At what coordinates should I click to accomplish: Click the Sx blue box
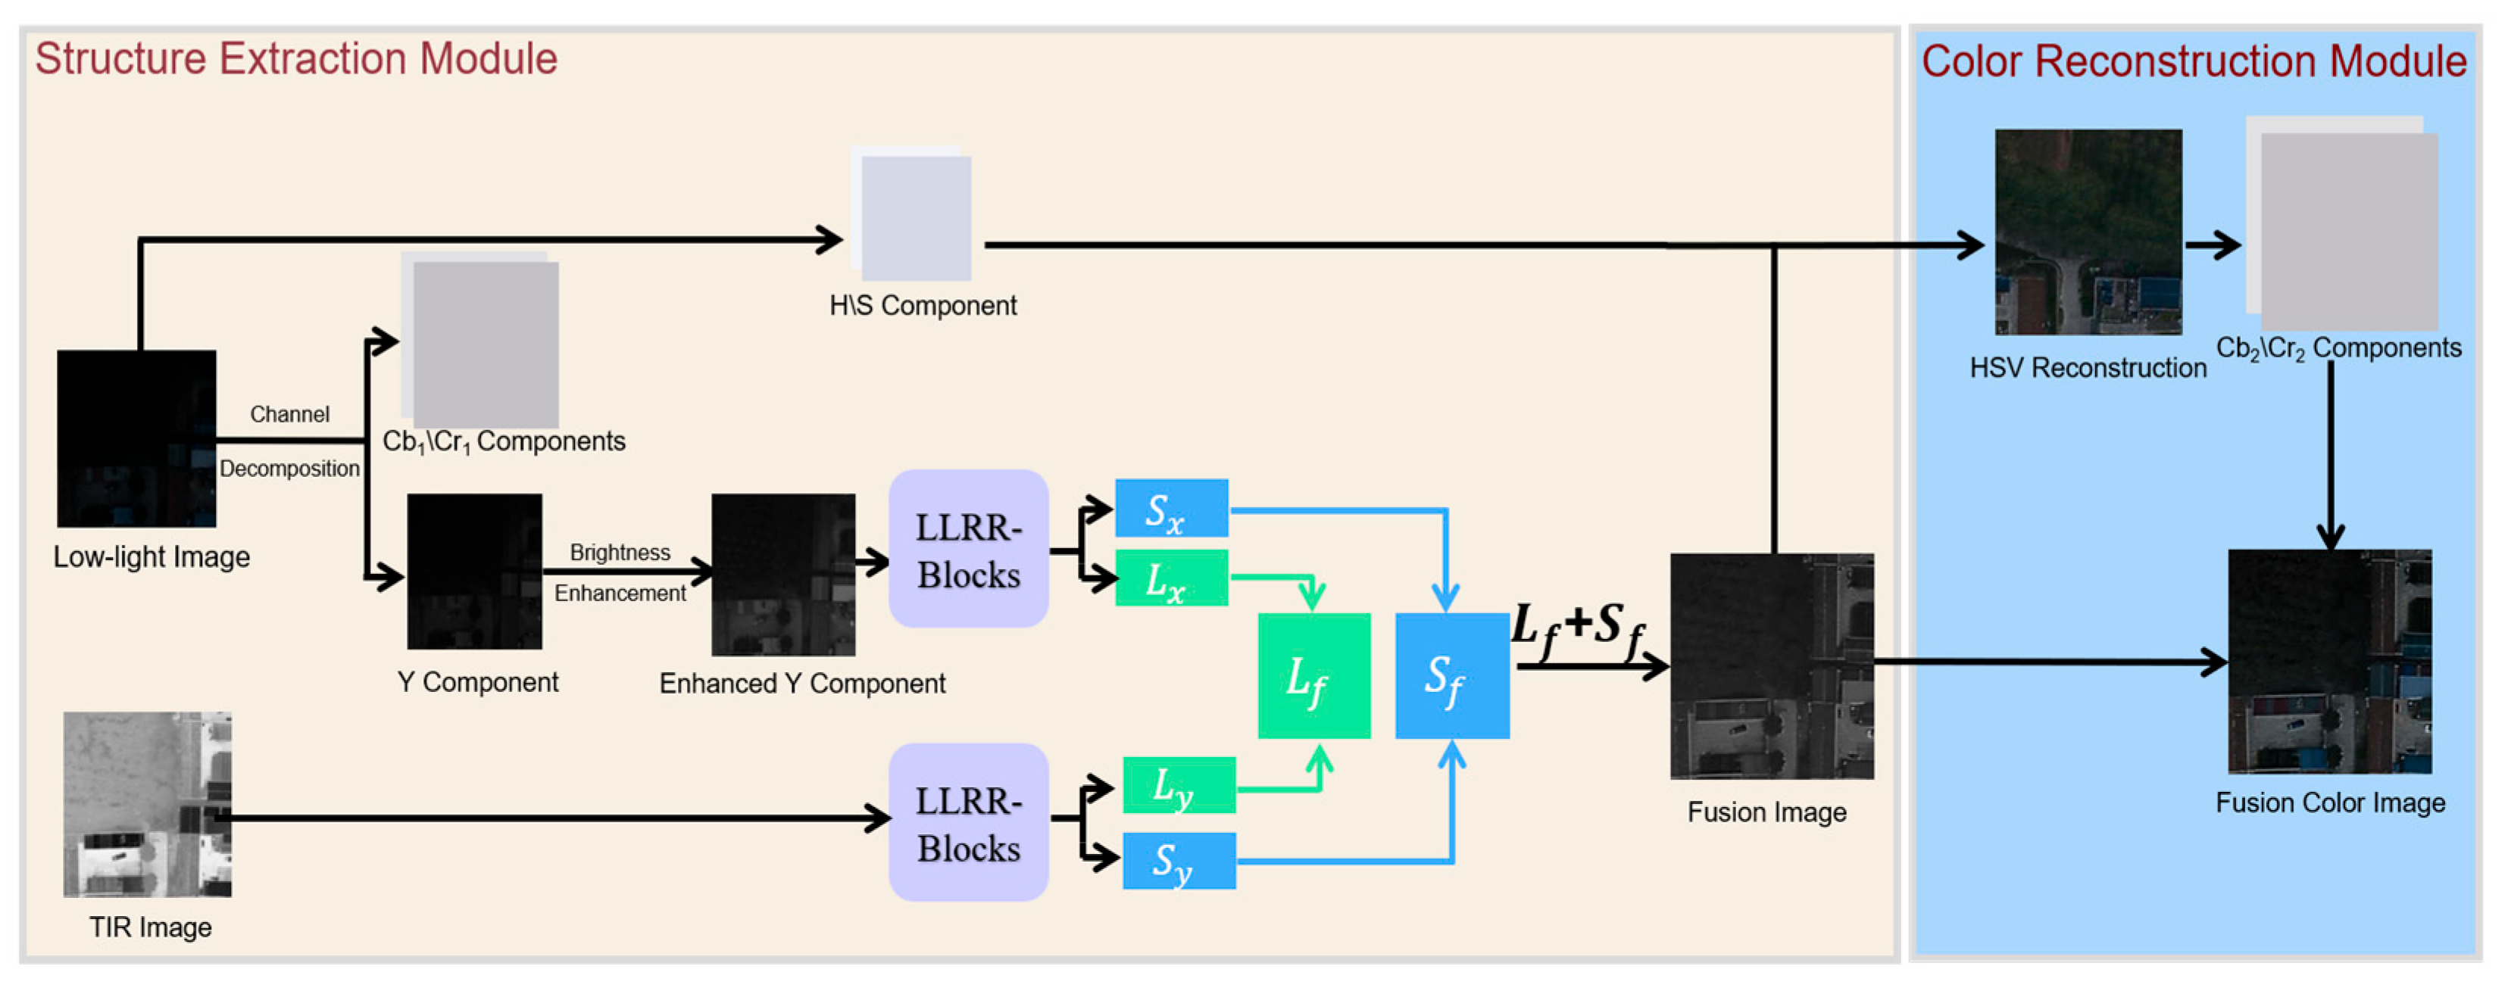tap(1171, 507)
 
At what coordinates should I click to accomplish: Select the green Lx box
tap(1171, 578)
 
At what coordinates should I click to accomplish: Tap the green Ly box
tap(1179, 784)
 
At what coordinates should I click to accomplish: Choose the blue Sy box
tap(1179, 861)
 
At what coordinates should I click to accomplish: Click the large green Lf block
tap(1314, 675)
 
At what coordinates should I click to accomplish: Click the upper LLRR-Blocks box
tap(969, 549)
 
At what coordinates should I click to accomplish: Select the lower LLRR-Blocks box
tap(969, 823)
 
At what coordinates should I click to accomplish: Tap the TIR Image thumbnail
tap(147, 804)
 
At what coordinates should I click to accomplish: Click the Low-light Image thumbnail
tap(136, 439)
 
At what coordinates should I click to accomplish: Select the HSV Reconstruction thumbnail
tap(2088, 232)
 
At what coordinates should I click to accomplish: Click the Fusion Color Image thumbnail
tap(2330, 662)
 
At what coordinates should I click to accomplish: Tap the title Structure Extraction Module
tap(296, 58)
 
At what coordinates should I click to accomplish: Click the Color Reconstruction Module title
tap(2194, 61)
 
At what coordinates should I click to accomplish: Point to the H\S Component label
tap(923, 306)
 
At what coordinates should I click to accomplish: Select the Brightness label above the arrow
tap(620, 552)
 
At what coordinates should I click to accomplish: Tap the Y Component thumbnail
tap(474, 572)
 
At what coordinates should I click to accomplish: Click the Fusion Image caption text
tap(1767, 812)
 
